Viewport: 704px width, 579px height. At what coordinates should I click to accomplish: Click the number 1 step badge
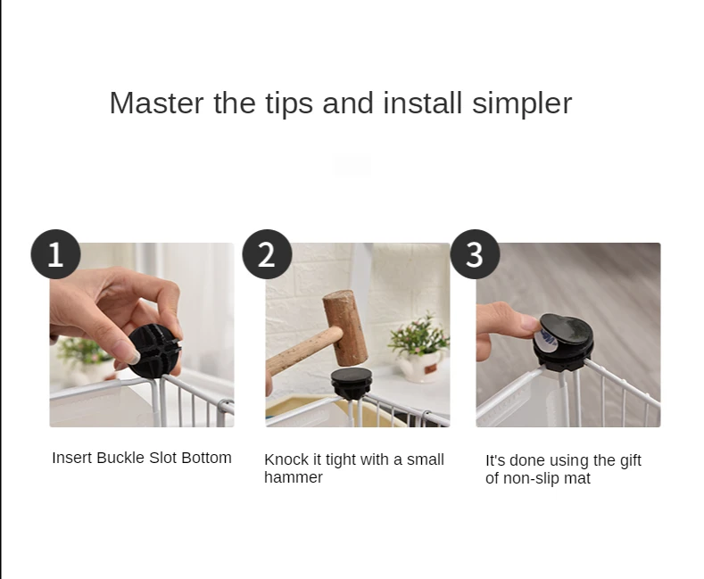(x=55, y=254)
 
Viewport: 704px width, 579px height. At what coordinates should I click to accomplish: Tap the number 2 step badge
(x=267, y=254)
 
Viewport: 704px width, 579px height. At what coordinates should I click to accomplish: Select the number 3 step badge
(x=475, y=254)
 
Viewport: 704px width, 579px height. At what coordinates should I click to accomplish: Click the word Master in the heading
(x=157, y=103)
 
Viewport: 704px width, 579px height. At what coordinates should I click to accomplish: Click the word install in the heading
(x=423, y=103)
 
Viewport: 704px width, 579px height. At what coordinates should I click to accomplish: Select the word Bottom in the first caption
(x=206, y=458)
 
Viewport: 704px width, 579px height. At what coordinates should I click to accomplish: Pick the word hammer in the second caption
(x=294, y=477)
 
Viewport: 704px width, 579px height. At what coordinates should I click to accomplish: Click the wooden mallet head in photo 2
(x=345, y=327)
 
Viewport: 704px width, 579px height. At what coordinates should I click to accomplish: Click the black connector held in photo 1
(x=155, y=352)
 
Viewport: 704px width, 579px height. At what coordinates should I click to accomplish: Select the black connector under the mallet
(x=352, y=383)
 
